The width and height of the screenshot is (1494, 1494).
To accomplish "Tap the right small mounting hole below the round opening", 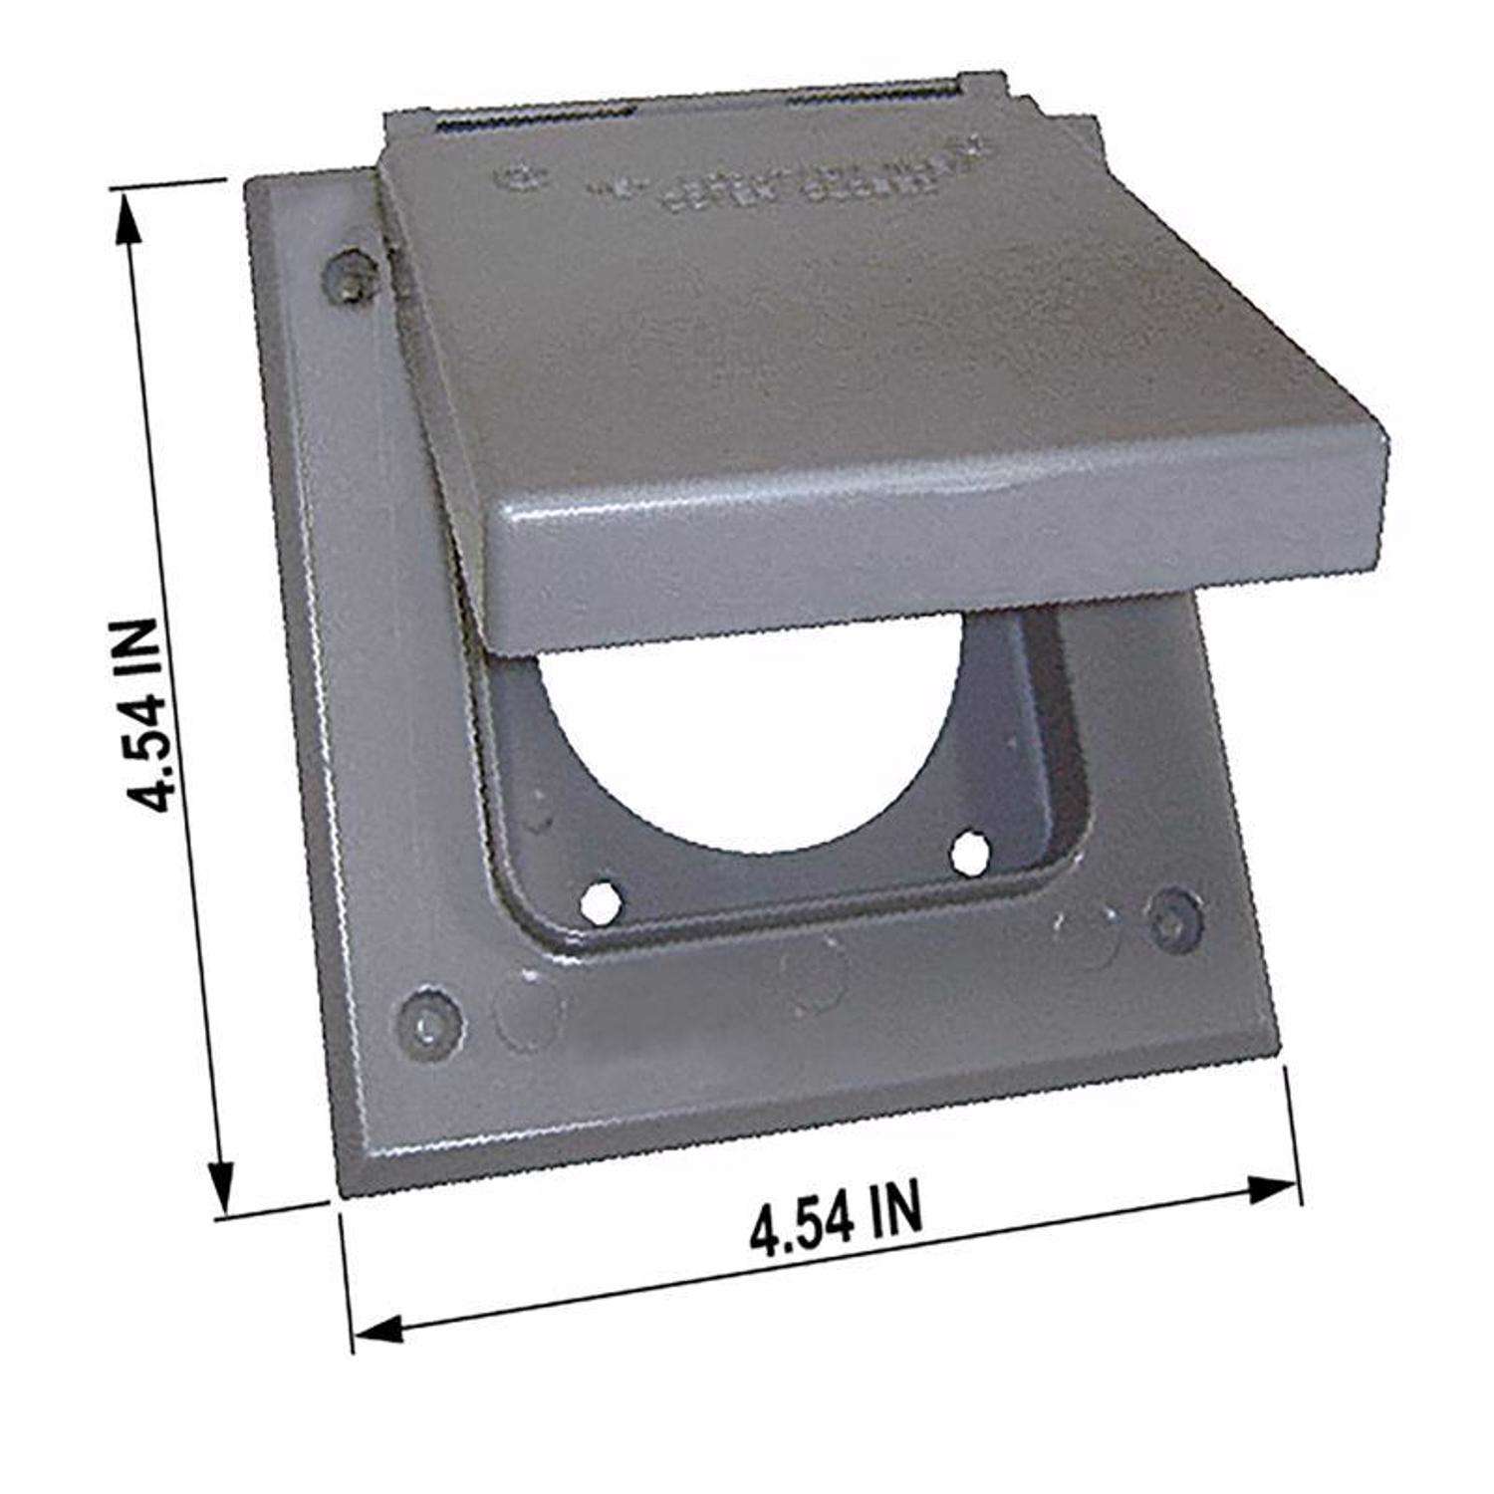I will (967, 850).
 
